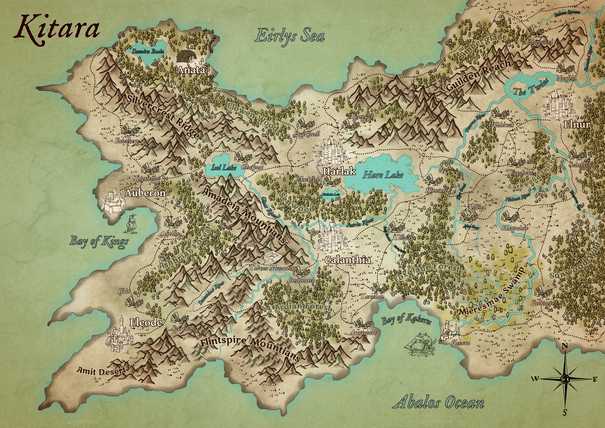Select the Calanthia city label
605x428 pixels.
click(x=348, y=260)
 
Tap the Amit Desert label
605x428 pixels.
click(x=101, y=371)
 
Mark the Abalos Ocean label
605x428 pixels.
click(x=439, y=403)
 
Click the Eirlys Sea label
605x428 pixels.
click(x=290, y=36)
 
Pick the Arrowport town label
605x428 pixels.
click(x=363, y=333)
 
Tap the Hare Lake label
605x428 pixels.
click(x=383, y=175)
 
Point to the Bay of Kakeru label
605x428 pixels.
click(x=406, y=319)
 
